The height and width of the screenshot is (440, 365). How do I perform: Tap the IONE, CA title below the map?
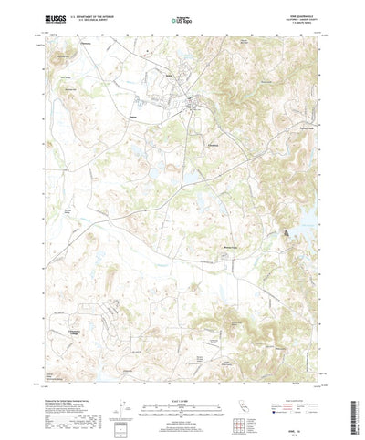[182, 421]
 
